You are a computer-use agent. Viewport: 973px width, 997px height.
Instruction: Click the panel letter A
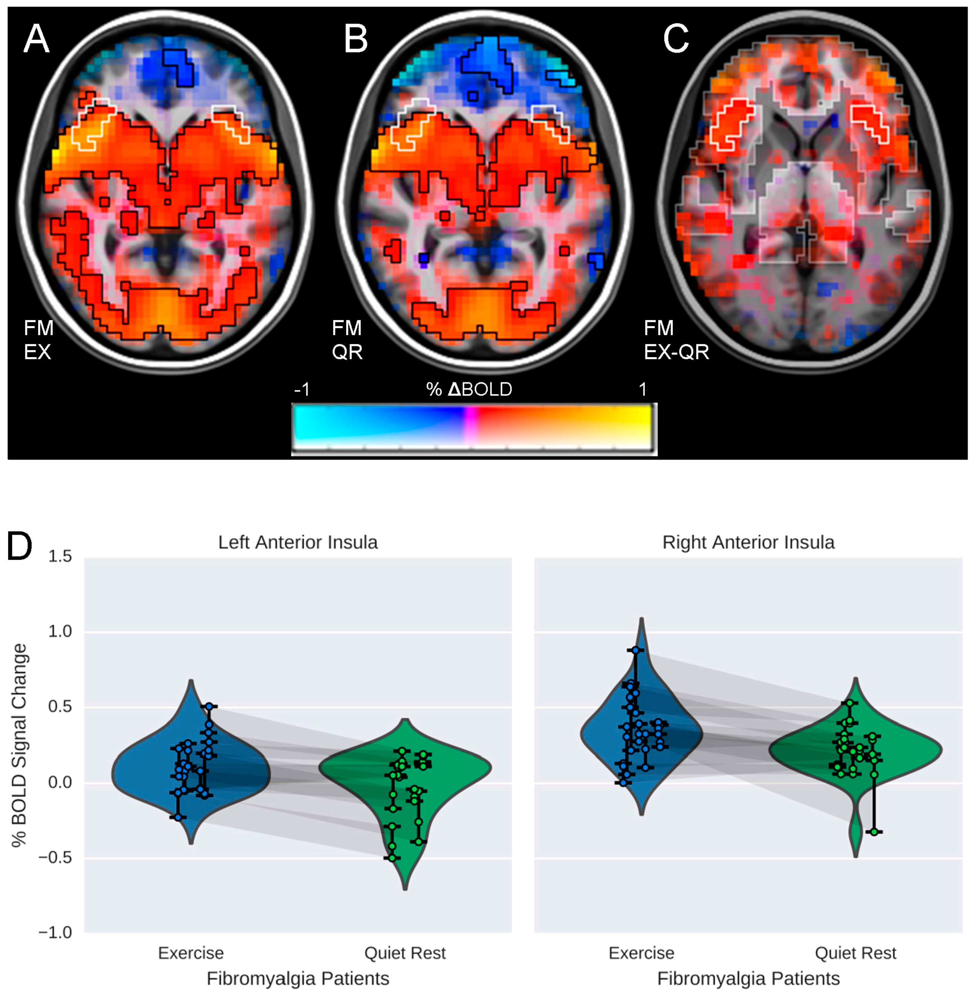(x=36, y=39)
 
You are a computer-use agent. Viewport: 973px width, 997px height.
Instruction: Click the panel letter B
(x=356, y=39)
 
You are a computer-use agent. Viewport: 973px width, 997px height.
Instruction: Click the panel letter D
(x=19, y=546)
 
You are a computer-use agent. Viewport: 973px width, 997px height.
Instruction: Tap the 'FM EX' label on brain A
(x=38, y=339)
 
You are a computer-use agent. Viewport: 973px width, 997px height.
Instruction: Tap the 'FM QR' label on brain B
(x=347, y=339)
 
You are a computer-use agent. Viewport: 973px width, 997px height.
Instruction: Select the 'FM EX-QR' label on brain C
(x=676, y=339)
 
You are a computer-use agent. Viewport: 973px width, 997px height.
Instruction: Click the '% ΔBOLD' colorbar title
(x=469, y=390)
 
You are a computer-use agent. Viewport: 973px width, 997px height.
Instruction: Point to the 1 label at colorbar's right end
(x=643, y=390)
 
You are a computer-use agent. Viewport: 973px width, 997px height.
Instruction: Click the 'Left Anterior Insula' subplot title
(x=298, y=543)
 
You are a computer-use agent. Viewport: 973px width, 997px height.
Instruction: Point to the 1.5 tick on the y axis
(x=60, y=557)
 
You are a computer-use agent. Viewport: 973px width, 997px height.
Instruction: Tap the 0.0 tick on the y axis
(x=60, y=783)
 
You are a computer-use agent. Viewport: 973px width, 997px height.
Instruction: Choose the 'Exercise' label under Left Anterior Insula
(x=191, y=953)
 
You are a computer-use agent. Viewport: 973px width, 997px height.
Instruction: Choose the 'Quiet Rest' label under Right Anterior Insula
(x=855, y=953)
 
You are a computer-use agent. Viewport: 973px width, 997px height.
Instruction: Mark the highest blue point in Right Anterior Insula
(x=635, y=650)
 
